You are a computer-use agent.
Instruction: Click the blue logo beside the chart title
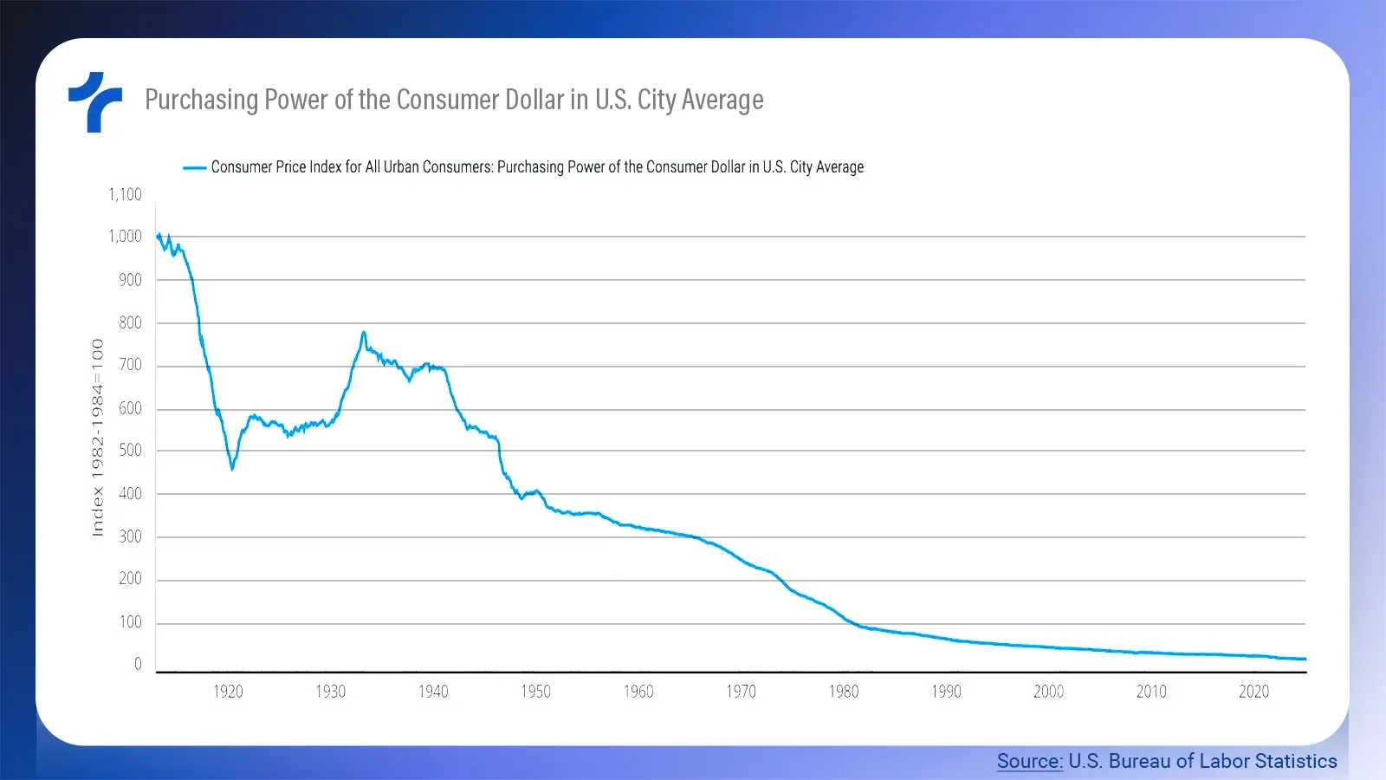tap(95, 101)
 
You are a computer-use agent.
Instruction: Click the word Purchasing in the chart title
tap(201, 101)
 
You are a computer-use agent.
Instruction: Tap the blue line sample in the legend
tap(194, 167)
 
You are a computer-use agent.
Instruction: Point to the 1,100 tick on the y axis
tap(125, 194)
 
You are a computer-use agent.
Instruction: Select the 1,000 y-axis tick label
tap(125, 236)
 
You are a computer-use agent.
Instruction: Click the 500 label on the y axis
tap(130, 450)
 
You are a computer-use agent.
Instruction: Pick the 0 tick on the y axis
tap(138, 664)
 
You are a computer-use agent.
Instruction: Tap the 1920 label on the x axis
tap(228, 692)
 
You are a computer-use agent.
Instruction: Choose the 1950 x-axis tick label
tap(535, 692)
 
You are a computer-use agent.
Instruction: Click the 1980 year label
tap(844, 692)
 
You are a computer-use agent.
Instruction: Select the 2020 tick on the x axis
tap(1253, 692)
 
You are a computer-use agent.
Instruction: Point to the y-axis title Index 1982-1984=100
tap(98, 438)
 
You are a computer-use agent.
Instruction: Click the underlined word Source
tap(1029, 761)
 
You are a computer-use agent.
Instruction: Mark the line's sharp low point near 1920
tap(232, 469)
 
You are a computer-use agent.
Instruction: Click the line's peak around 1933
tap(364, 332)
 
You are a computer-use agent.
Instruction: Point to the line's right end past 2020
tap(1304, 660)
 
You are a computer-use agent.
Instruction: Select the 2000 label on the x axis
tap(1048, 692)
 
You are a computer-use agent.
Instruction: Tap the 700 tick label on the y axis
tap(130, 365)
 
